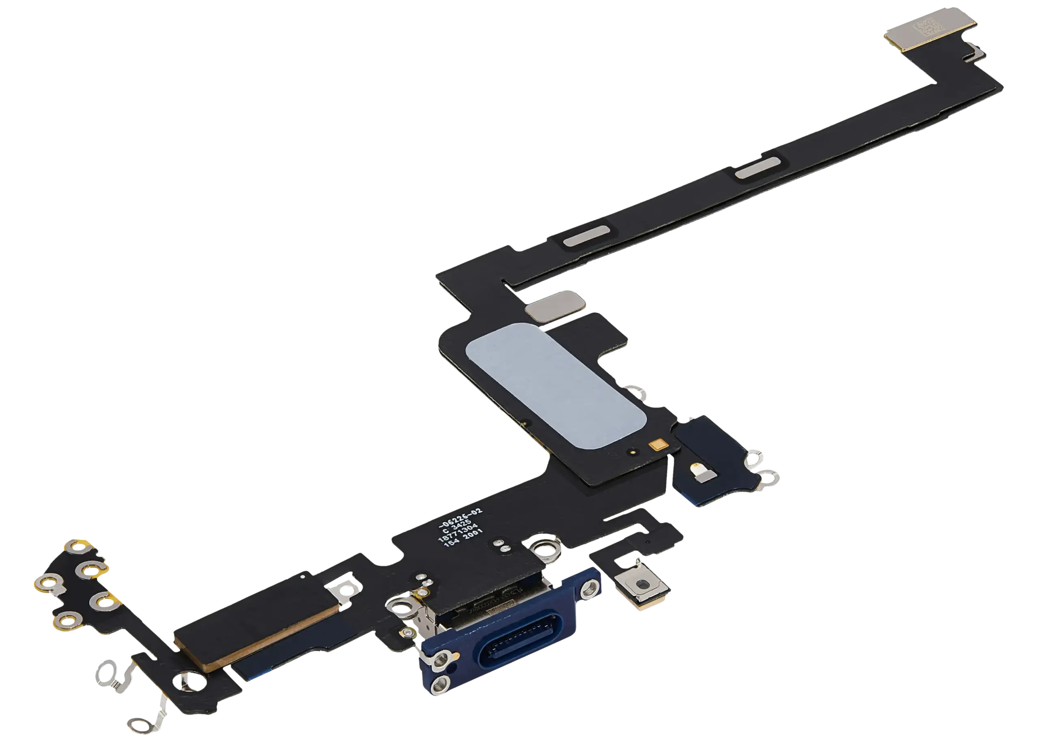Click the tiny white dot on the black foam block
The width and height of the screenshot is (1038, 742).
tap(302, 577)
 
